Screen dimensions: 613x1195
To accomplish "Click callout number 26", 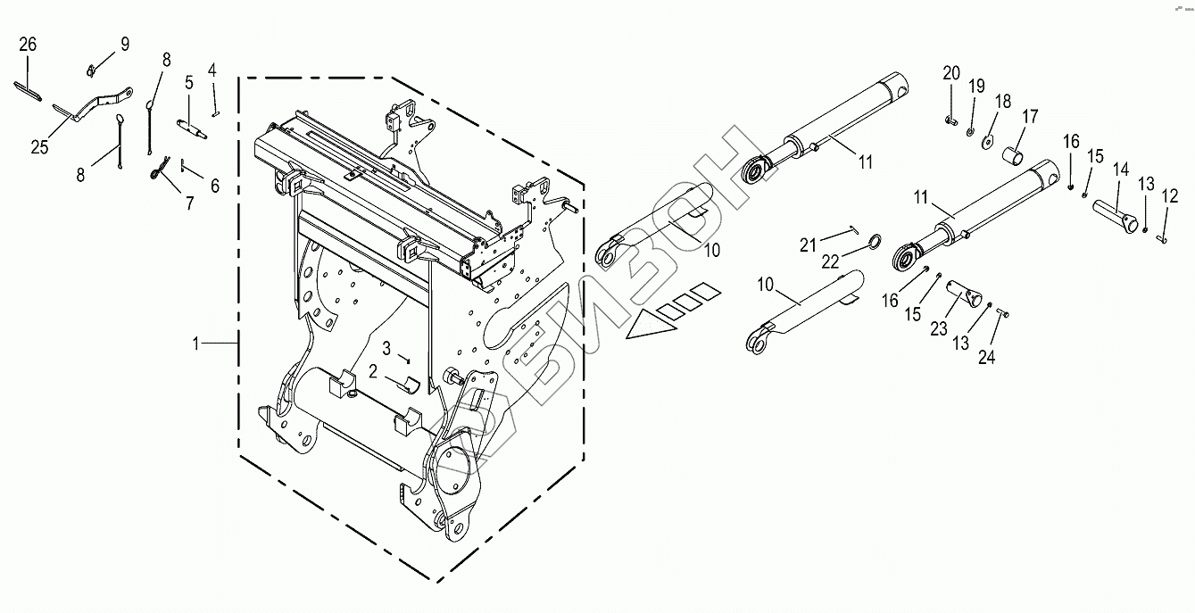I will click(28, 45).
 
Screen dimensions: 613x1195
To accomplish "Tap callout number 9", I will click(124, 44).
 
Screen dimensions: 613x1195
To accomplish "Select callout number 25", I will click(38, 148).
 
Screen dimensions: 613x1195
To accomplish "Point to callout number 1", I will click(202, 342).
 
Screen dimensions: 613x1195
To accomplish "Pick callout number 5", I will click(189, 83).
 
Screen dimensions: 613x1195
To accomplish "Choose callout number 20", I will click(950, 72).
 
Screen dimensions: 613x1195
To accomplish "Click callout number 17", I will click(1031, 116).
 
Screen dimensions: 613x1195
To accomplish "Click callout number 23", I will click(938, 328).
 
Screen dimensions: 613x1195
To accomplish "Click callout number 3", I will click(387, 346).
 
